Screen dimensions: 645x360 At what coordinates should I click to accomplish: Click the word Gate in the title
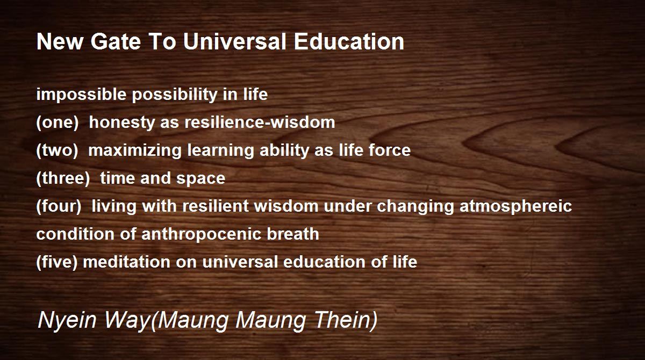point(116,42)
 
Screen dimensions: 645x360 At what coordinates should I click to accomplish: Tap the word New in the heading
point(60,42)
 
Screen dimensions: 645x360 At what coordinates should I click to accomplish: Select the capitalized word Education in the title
point(349,42)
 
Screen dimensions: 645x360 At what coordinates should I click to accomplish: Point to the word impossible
point(82,95)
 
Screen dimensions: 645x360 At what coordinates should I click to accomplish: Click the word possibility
point(175,95)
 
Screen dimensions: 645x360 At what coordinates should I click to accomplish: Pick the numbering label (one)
point(58,123)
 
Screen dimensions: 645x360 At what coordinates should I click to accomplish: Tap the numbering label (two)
point(58,150)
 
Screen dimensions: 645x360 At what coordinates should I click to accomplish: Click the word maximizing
point(135,150)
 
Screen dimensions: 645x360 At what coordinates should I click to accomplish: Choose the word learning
point(220,150)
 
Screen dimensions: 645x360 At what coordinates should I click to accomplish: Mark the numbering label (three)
point(63,178)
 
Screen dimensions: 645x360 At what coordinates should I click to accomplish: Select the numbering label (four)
point(59,206)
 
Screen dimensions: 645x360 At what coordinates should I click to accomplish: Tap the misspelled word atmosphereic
point(515,206)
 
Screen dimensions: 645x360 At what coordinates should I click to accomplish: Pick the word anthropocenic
point(201,234)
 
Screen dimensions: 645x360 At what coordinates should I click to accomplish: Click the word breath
point(293,234)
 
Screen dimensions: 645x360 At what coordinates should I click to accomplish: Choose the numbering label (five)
point(57,262)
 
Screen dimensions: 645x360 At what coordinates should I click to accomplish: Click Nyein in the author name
point(67,320)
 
